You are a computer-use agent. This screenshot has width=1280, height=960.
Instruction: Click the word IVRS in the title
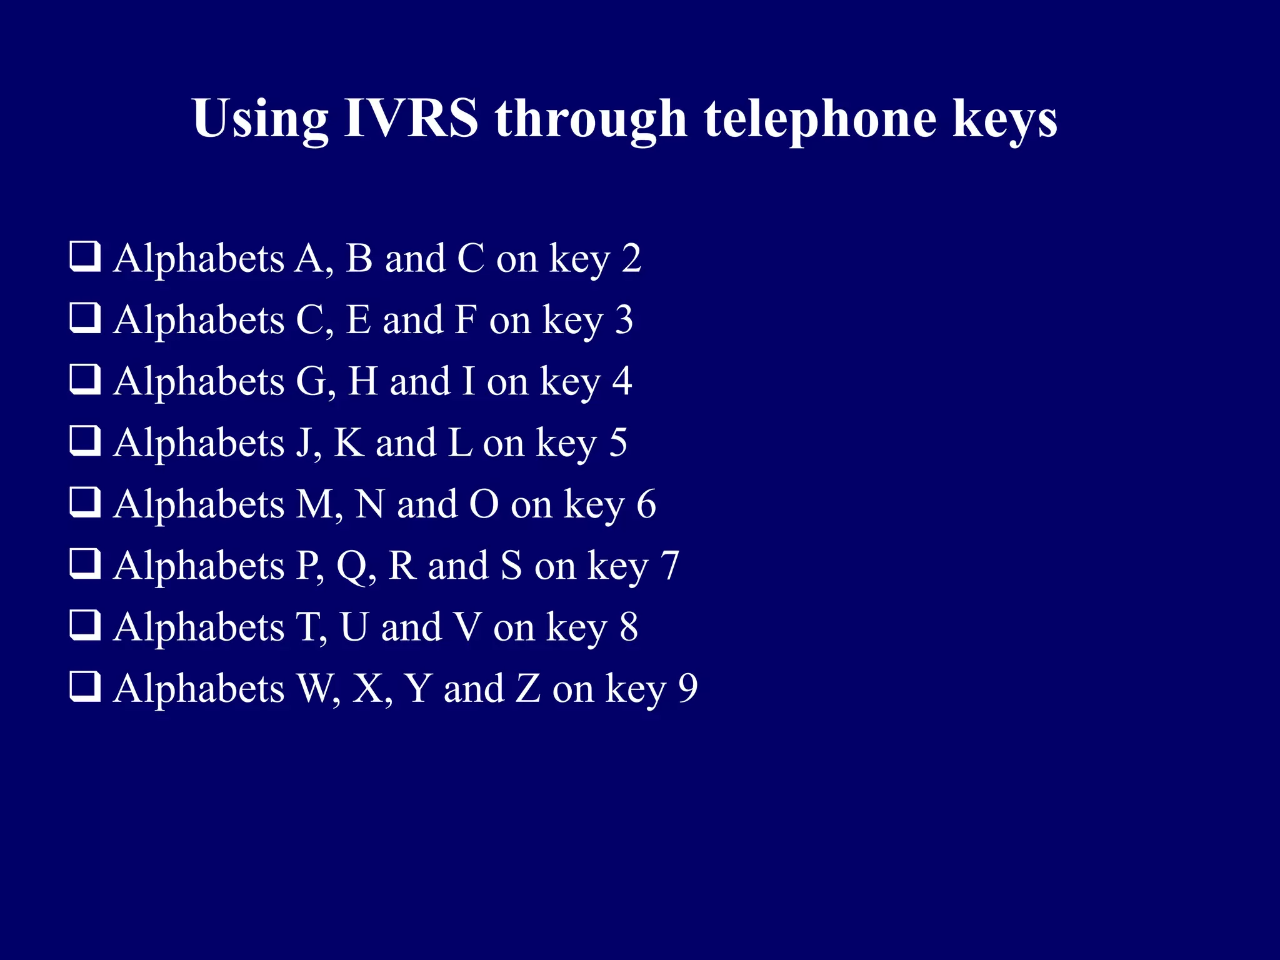tap(411, 118)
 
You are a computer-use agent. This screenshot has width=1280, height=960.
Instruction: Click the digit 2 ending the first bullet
tap(631, 258)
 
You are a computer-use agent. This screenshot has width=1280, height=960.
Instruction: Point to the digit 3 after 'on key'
tap(624, 319)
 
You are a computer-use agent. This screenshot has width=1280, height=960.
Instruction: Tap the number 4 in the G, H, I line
tap(622, 381)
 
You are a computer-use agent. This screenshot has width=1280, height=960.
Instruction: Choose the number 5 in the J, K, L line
tap(617, 442)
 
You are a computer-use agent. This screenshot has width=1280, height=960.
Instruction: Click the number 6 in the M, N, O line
tap(646, 504)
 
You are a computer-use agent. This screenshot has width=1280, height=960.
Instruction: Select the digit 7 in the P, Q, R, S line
tap(669, 566)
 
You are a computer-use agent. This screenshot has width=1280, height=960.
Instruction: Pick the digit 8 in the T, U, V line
tap(629, 627)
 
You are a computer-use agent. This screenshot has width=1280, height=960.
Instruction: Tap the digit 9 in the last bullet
tap(687, 688)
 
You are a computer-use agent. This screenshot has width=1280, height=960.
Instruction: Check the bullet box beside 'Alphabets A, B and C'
tap(84, 257)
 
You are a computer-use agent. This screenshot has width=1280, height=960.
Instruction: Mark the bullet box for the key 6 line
tap(84, 502)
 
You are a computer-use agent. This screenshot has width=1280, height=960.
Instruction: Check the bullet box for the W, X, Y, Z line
tap(84, 687)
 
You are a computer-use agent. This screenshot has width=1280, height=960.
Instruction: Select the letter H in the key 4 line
tap(363, 381)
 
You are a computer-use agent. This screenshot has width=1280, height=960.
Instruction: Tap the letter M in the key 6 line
tap(316, 504)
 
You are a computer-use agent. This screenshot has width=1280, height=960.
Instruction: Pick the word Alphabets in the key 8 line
tap(199, 627)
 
